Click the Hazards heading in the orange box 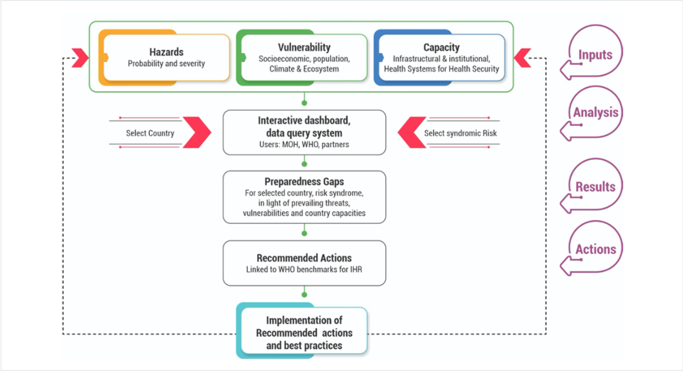tap(166, 52)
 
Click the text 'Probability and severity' tap(166, 64)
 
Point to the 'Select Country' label tap(150, 133)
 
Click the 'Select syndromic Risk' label tap(460, 133)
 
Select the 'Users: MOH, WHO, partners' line tap(304, 144)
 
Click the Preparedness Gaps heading tap(304, 182)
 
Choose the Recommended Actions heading tap(304, 258)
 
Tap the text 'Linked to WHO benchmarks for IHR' tap(304, 269)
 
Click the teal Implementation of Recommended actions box tap(304, 333)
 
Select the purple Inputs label tap(595, 54)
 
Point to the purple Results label tap(595, 187)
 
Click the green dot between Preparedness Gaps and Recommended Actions tap(304, 233)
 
